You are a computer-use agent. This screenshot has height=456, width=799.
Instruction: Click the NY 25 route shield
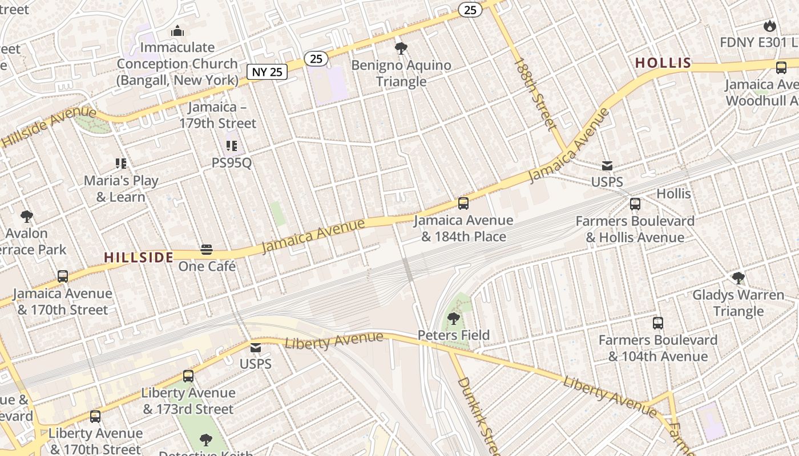coord(267,72)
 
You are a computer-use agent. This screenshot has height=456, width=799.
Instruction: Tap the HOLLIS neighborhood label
coord(663,63)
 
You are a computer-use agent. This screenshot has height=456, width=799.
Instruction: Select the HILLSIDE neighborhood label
coord(139,257)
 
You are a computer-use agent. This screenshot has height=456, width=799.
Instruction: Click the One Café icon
coord(207,250)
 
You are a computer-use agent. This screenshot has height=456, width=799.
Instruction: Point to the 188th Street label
coord(535,93)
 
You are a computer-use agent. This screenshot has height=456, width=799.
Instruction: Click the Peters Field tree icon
coord(454,318)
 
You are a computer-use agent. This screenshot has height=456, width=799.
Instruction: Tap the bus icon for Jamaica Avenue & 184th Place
coord(463,203)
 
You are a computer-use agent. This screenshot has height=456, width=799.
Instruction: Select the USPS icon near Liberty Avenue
coord(255,348)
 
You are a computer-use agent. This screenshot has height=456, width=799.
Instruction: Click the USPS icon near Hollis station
coord(607,166)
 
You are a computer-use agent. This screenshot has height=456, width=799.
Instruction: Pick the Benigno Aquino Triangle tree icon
coord(401,48)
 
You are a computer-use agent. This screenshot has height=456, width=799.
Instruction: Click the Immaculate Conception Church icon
coord(177,30)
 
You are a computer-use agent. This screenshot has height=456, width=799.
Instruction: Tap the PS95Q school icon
coord(231,146)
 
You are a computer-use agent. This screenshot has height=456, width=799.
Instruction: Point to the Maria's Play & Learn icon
coord(120,164)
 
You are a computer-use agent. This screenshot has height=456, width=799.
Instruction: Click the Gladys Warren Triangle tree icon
coord(739,278)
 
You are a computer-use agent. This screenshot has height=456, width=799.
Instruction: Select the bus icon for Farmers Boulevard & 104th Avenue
coord(658,323)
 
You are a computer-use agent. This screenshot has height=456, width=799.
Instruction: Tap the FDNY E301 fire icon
coord(769,26)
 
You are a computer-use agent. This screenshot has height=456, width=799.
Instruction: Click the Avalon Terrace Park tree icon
coord(26,216)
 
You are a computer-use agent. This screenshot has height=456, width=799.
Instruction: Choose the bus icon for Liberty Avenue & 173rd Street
coord(188,376)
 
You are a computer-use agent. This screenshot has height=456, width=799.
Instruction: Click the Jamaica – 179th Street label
coord(217,115)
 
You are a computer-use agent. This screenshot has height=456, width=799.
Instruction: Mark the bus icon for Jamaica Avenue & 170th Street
coord(63,276)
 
